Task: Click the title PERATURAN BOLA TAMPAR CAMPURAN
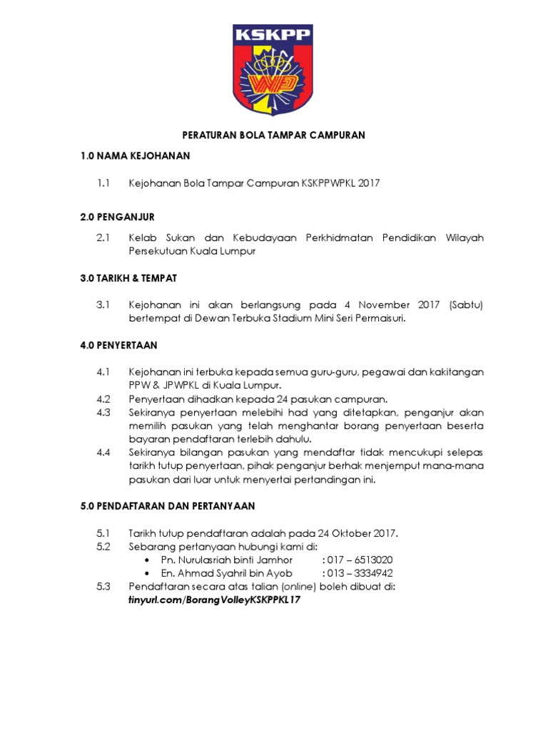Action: click(x=273, y=134)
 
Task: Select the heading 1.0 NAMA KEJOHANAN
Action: click(x=135, y=155)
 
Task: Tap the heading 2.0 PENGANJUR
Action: click(x=117, y=216)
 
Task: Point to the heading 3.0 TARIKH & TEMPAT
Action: click(x=129, y=277)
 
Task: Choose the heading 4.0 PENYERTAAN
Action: click(x=119, y=345)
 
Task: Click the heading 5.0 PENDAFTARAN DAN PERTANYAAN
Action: click(x=167, y=505)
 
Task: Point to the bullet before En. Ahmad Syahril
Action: click(x=147, y=574)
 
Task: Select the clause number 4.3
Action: click(x=103, y=412)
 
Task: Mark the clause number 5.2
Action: click(x=103, y=546)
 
